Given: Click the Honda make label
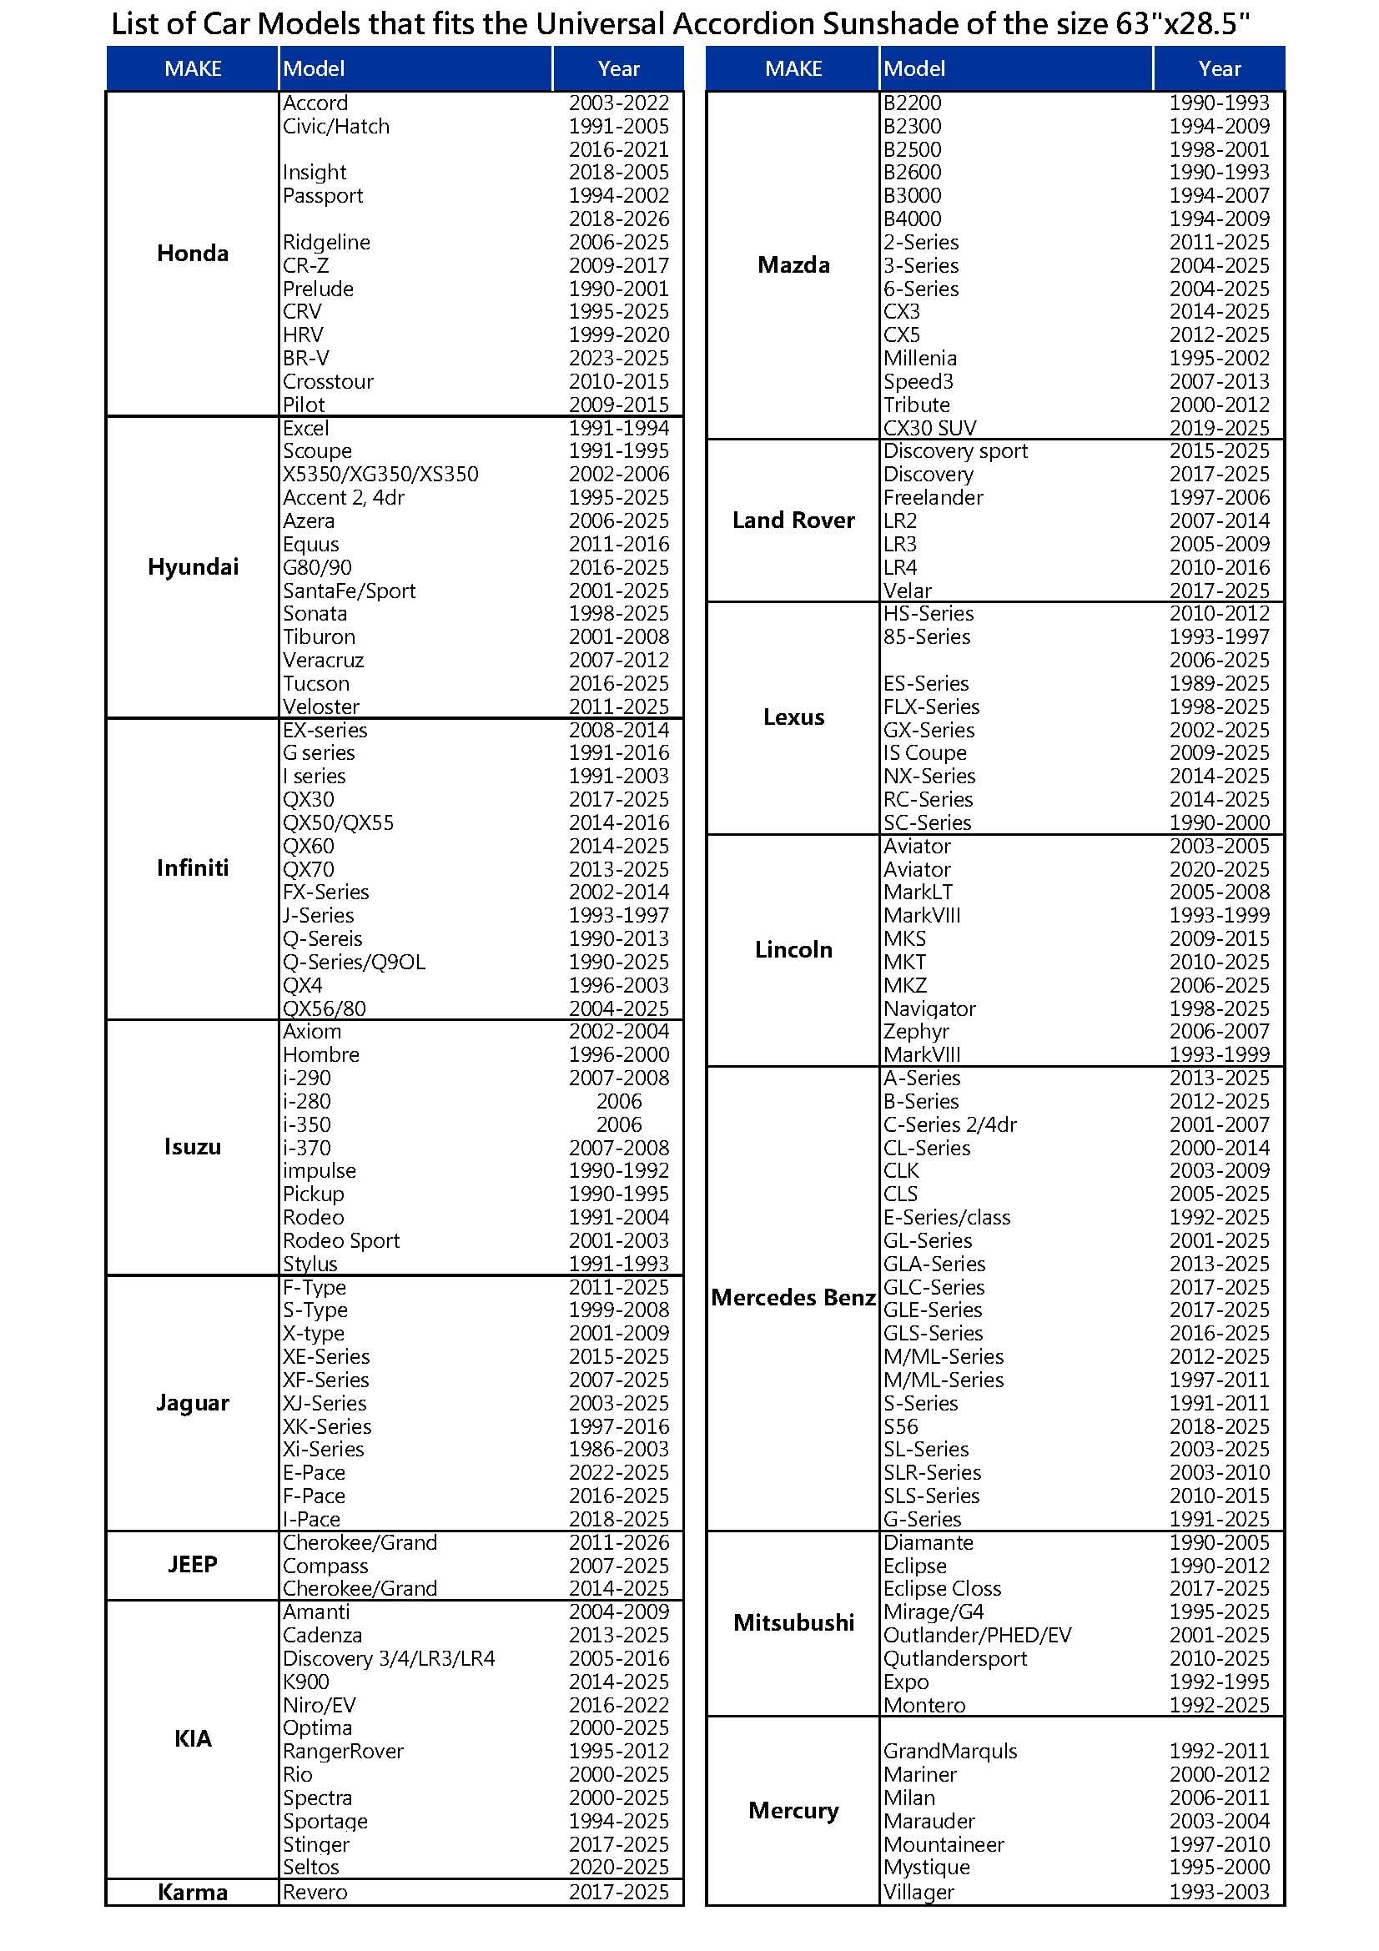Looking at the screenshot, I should (193, 254).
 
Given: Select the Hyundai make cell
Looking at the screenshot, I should (193, 566).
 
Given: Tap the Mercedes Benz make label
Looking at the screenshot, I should (793, 1298).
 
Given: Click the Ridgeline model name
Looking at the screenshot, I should (326, 242).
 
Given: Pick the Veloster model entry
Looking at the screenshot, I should (321, 707).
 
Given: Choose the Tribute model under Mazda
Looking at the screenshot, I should (917, 405).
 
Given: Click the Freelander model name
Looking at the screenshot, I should (933, 497).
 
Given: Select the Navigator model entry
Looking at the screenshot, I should (929, 1008).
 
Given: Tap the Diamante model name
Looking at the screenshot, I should (929, 1542).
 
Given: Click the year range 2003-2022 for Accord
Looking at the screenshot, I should (618, 103).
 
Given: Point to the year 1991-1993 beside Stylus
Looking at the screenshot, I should (618, 1264).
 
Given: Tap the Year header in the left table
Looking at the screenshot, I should (618, 69).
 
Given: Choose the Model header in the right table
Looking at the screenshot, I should (914, 69).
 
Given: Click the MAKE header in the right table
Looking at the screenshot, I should (793, 69).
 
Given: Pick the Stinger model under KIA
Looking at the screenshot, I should (316, 1844).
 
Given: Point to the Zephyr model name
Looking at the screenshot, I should (916, 1032).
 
